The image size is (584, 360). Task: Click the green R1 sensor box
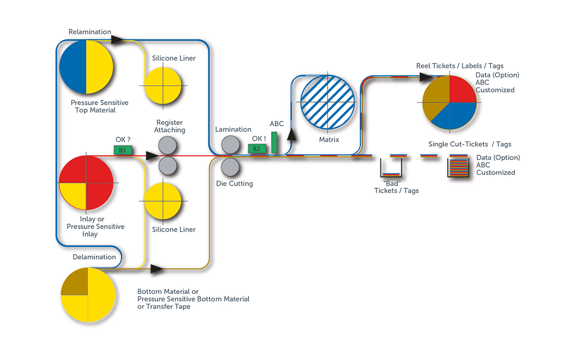[123, 150]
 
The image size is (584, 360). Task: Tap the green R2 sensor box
[256, 149]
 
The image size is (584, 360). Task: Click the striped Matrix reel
[328, 102]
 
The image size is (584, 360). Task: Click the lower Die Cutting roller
[230, 167]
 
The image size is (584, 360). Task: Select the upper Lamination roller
[230, 145]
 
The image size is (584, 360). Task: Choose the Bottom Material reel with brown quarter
[88, 294]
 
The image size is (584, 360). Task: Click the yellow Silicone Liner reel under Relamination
[162, 86]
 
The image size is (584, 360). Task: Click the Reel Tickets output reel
[449, 102]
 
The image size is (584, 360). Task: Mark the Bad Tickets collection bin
[391, 169]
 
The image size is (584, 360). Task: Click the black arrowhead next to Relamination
[118, 40]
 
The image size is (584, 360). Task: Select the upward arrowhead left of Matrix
[292, 135]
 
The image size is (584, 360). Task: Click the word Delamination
[94, 257]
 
